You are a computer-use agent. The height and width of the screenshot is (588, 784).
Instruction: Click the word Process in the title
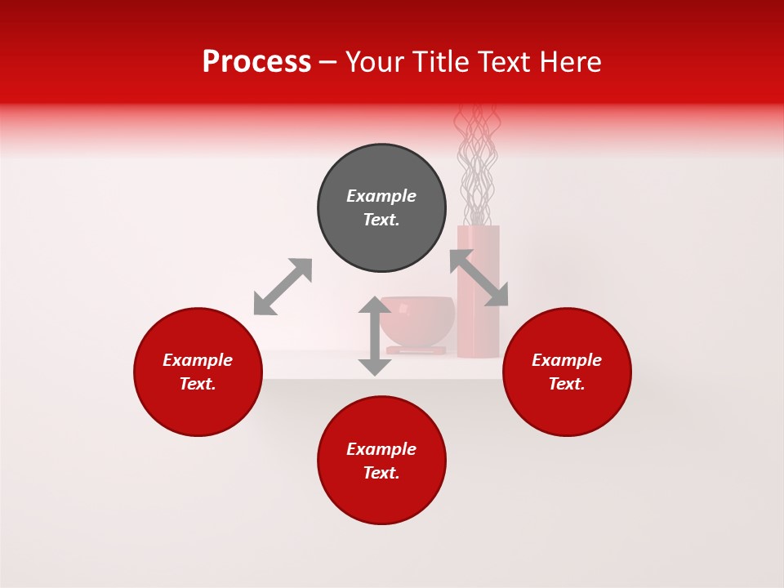click(256, 62)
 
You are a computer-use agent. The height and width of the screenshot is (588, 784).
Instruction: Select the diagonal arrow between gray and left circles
click(283, 287)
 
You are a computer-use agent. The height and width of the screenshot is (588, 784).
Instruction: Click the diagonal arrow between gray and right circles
click(479, 278)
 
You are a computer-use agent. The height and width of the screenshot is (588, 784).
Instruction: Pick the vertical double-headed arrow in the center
click(375, 336)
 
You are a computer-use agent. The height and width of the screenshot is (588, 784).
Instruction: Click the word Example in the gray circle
click(381, 196)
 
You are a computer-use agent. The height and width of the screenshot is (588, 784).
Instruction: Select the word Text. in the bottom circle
click(381, 473)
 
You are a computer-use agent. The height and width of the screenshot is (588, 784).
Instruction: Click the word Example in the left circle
click(198, 360)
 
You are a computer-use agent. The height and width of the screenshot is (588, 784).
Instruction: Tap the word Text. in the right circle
click(567, 384)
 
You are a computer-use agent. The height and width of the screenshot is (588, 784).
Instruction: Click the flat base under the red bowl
click(416, 350)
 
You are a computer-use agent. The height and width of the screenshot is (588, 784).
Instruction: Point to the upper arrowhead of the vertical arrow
click(375, 306)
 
